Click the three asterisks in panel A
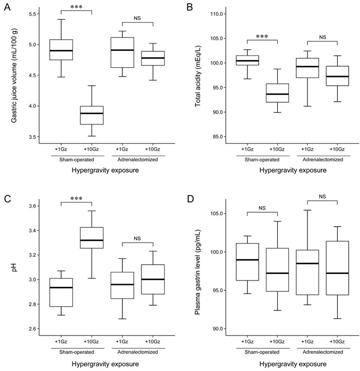coord(76,8)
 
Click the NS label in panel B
coord(322,37)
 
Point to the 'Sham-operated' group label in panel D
coord(257,351)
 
